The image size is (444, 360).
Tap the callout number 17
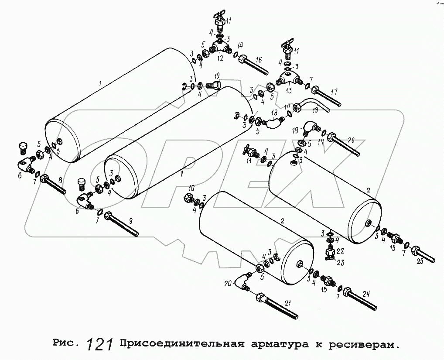click(334, 92)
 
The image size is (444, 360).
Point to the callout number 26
click(352, 141)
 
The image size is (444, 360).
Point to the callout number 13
click(288, 91)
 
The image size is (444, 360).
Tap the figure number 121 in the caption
click(100, 345)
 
